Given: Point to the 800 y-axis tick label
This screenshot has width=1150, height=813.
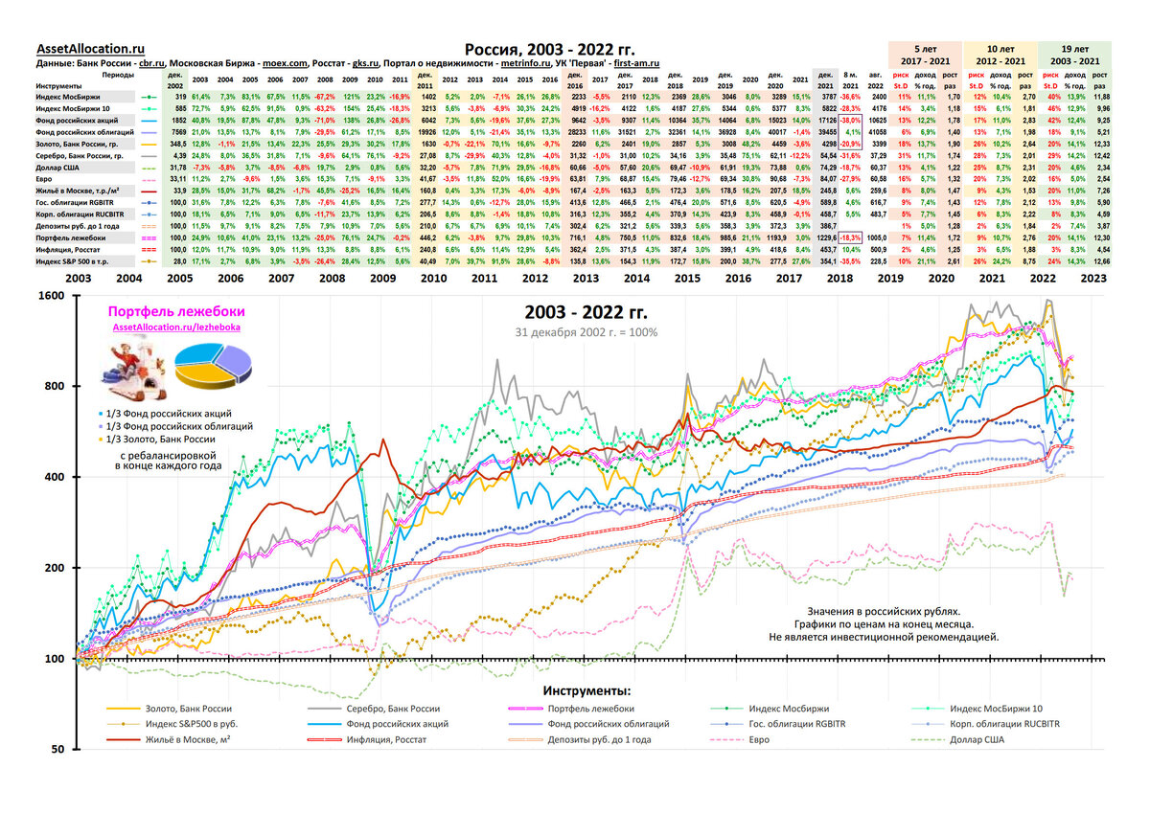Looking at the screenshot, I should [55, 386].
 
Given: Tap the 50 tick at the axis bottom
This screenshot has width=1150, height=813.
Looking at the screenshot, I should [57, 749].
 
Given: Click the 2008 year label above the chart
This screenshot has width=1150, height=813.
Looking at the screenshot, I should [334, 277].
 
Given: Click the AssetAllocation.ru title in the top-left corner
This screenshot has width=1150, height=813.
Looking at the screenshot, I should [90, 49].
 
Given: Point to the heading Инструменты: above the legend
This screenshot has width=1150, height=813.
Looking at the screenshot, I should [586, 690].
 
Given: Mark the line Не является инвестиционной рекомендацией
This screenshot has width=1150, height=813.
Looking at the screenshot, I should [883, 636].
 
